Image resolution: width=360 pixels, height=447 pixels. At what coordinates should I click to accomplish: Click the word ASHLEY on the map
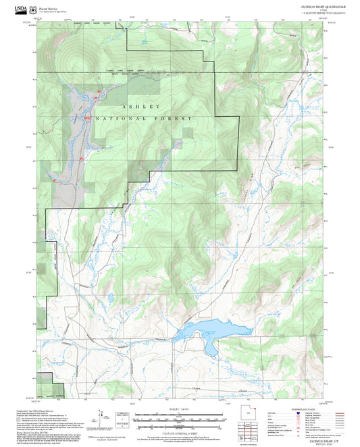142,107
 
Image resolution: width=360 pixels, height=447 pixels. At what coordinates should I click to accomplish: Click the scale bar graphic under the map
182,419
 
